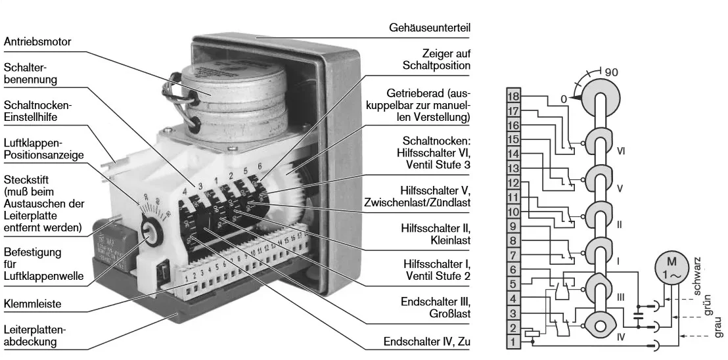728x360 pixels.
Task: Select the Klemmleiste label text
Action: (x=30, y=305)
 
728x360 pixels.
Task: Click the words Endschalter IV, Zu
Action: (x=427, y=343)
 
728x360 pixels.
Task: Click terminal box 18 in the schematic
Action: (x=514, y=95)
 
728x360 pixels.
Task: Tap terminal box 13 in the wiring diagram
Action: (x=514, y=168)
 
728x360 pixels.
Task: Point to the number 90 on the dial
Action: (x=612, y=72)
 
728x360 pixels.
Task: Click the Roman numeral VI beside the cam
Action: (x=623, y=150)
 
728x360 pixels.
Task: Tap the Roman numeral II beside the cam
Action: (x=620, y=224)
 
